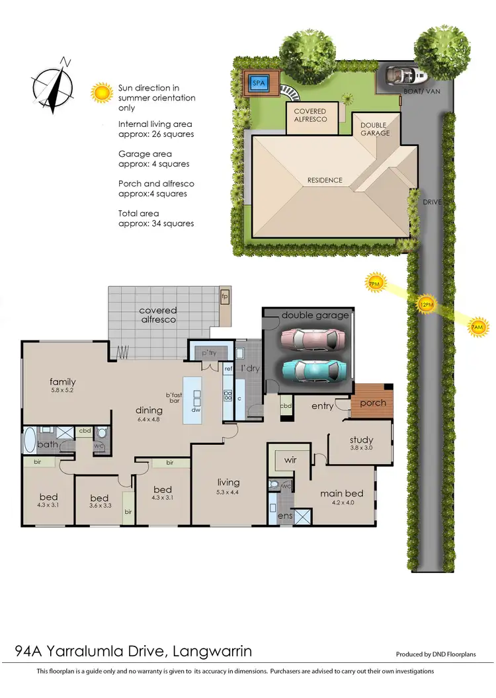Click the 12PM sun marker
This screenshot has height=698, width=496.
point(427,304)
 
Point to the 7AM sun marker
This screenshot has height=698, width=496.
point(477,327)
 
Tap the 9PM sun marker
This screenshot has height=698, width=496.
point(375,284)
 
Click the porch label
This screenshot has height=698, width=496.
point(373,403)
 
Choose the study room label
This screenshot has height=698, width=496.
point(361,440)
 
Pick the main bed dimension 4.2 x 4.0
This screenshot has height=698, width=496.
point(341,504)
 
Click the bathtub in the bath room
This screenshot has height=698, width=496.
point(30,438)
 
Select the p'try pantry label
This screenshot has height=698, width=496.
point(209,355)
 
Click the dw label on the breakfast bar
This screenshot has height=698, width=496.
point(196,410)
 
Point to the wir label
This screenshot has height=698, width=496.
point(290,459)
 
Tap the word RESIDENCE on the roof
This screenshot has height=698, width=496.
point(325,180)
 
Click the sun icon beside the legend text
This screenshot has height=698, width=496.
point(102,92)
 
